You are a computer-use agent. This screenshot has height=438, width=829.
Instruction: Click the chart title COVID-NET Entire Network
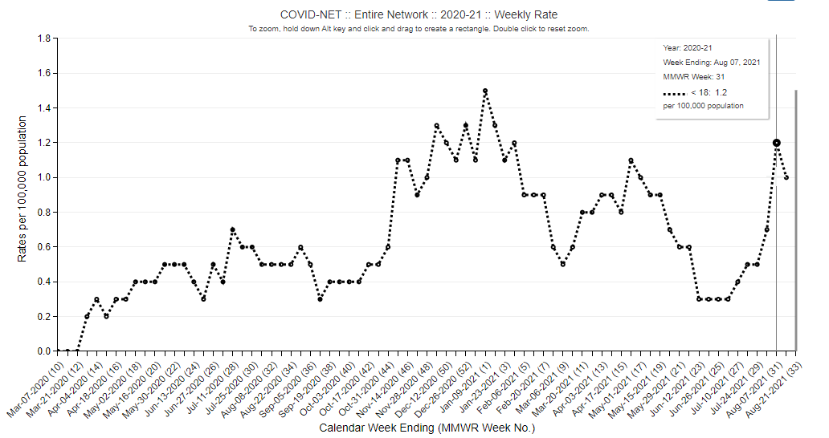(x=419, y=14)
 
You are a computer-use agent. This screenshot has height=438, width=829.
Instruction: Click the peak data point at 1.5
(x=485, y=91)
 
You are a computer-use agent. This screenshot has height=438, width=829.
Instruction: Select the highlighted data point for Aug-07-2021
(x=777, y=143)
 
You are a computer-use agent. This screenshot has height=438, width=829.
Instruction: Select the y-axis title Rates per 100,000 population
(x=22, y=189)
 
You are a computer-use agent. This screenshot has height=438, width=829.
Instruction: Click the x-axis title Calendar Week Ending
(x=427, y=428)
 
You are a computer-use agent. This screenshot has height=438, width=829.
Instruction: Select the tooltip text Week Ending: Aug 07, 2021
(x=711, y=63)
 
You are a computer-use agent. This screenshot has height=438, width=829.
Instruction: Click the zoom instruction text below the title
(x=419, y=29)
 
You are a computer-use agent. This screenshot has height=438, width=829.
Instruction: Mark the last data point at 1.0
(x=786, y=177)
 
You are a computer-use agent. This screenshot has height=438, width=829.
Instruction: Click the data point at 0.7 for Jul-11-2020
(x=232, y=230)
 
